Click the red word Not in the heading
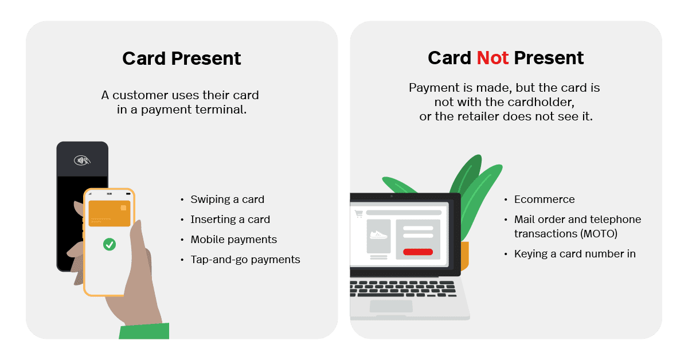(492, 58)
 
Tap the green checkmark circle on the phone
(109, 245)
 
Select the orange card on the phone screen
(109, 213)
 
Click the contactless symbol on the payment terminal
(82, 160)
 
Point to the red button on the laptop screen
(418, 252)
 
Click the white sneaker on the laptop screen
(378, 234)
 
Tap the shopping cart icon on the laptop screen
(359, 214)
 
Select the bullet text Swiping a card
(227, 199)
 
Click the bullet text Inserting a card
(230, 220)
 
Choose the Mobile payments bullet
(233, 240)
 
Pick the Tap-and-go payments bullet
(245, 260)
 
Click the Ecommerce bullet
(544, 199)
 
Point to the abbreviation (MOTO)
(599, 234)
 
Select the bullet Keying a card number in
(574, 254)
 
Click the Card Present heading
(182, 58)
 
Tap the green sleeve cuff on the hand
(144, 331)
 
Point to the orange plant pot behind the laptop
(464, 255)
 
